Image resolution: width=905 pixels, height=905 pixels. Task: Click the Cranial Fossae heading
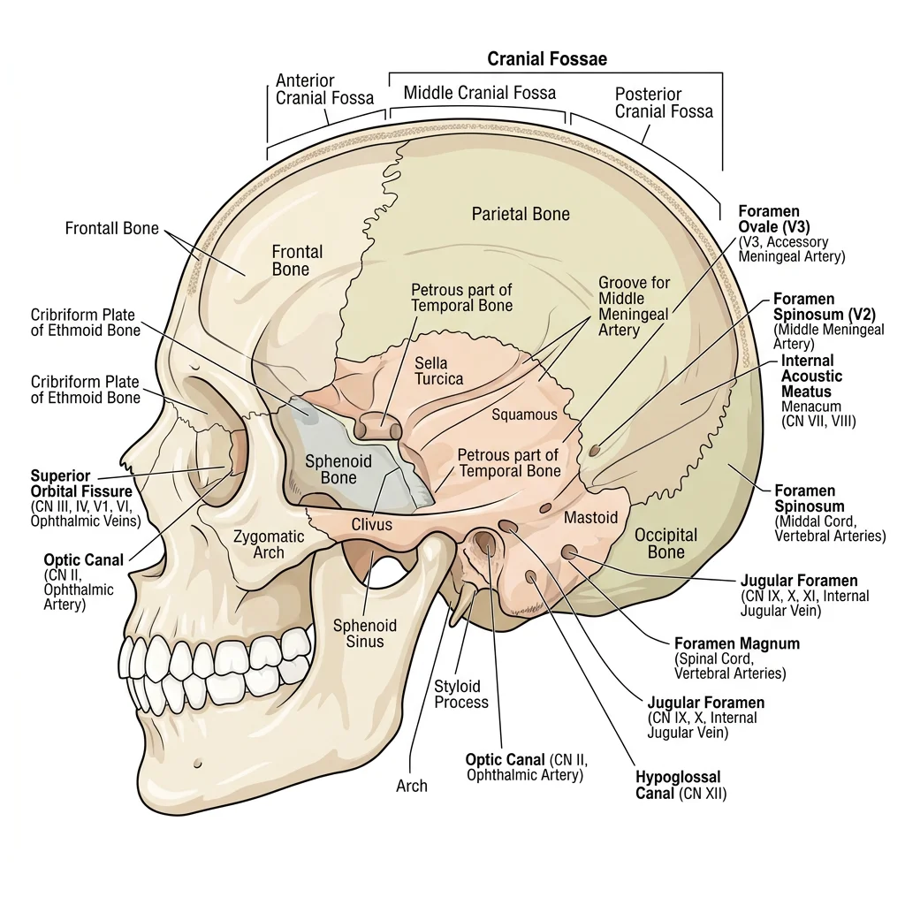(x=547, y=59)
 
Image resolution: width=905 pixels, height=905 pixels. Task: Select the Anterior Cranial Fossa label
(x=324, y=89)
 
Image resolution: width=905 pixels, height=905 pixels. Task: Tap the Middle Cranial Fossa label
(x=479, y=93)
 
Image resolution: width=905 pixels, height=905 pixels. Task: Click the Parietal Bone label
(x=521, y=214)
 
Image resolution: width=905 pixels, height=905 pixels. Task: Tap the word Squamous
(x=524, y=414)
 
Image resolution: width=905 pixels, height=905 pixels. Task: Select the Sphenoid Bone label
(x=331, y=469)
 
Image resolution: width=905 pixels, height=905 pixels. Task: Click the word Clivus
(x=372, y=524)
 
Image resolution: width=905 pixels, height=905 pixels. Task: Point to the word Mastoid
(x=590, y=517)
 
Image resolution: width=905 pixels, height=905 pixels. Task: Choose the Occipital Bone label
(x=665, y=544)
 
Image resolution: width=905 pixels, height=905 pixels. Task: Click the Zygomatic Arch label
(x=269, y=544)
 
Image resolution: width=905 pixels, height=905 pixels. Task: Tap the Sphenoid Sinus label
(x=364, y=634)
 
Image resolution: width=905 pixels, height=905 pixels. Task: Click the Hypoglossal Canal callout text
(x=681, y=785)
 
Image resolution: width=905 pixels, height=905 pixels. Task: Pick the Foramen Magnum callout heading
(x=736, y=643)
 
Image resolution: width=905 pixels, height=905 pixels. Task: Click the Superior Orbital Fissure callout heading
(x=81, y=483)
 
